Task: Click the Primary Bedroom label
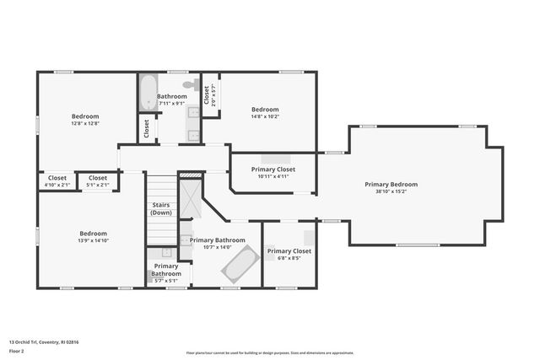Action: tap(391, 184)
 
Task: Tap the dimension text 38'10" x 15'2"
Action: tap(391, 191)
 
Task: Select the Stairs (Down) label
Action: tap(161, 208)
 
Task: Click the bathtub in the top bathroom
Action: tap(148, 92)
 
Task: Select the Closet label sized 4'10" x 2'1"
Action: tap(57, 178)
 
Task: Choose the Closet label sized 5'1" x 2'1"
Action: tap(98, 178)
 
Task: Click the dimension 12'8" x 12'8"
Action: tap(85, 124)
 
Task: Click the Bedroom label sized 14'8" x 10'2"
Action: tap(265, 110)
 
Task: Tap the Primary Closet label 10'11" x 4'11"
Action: tap(273, 169)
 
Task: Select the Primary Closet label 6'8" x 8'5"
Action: tap(289, 251)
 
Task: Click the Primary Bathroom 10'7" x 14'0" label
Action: tap(218, 240)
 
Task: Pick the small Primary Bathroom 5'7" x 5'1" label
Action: tap(166, 270)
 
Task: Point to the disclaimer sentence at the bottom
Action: tap(282, 353)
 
